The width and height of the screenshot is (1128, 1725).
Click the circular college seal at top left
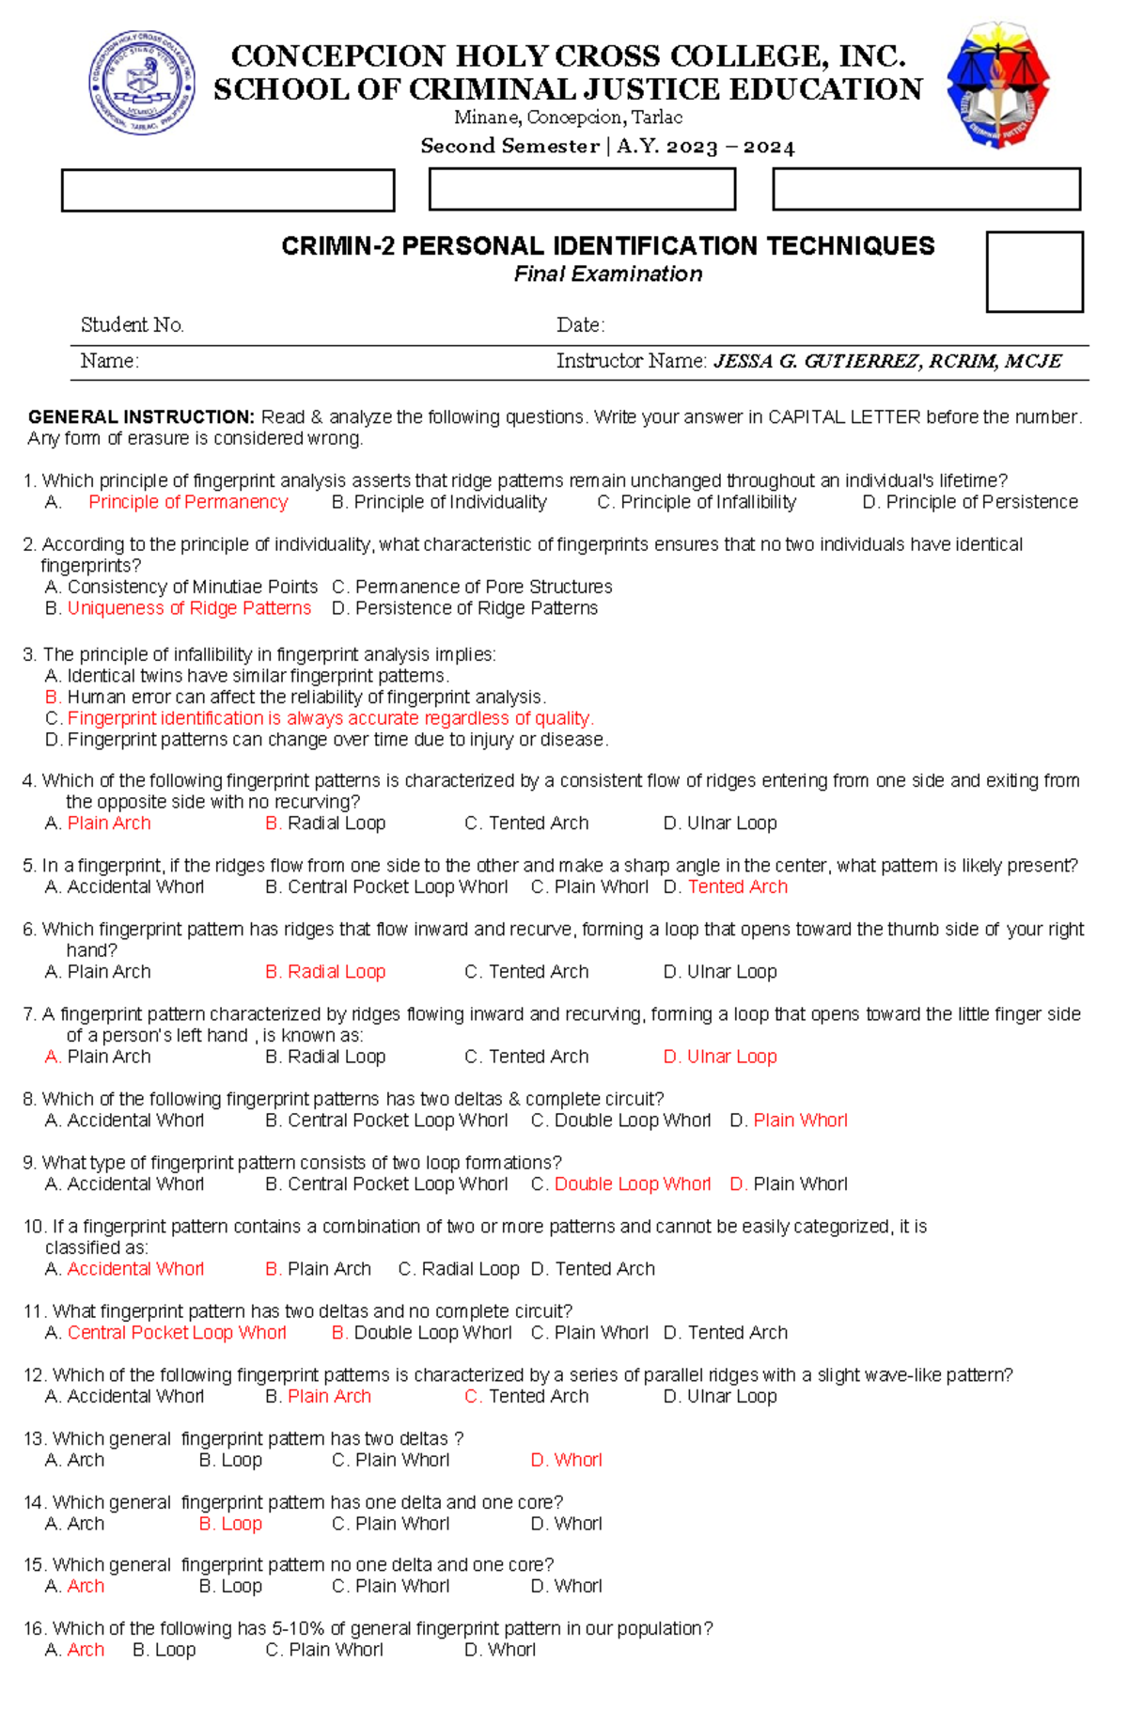[142, 82]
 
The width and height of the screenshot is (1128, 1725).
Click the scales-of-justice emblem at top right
[997, 85]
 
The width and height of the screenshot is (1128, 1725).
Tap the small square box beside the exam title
[1034, 272]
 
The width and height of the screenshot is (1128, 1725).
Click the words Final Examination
[607, 274]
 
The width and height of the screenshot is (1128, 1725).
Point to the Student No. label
[132, 325]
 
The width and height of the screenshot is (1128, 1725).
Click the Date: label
[580, 325]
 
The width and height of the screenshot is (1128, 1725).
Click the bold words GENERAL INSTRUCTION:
[141, 416]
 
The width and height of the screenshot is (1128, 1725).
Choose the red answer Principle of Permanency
[188, 502]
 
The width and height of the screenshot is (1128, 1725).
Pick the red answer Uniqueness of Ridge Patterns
[189, 608]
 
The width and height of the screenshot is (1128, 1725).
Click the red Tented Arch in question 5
[737, 886]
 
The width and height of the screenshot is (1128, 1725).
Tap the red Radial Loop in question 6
[336, 971]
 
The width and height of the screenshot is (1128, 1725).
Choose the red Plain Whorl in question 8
[800, 1120]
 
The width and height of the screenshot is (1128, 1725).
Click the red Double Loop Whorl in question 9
[632, 1184]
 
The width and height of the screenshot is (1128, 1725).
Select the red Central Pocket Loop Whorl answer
[177, 1332]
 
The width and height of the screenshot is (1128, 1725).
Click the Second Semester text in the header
[509, 147]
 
